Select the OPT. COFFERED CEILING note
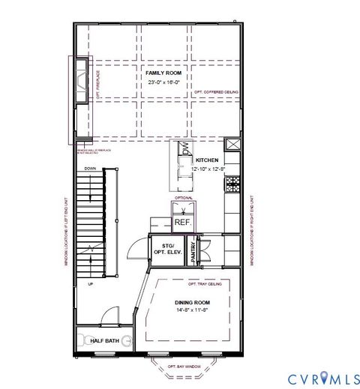click(x=216, y=92)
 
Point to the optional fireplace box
click(x=80, y=77)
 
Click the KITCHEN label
click(x=206, y=160)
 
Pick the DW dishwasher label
click(x=184, y=150)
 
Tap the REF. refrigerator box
click(x=183, y=223)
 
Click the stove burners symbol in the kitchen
click(x=232, y=181)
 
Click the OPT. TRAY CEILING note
click(x=204, y=284)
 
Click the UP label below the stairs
click(x=90, y=284)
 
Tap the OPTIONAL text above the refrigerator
click(x=184, y=199)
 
